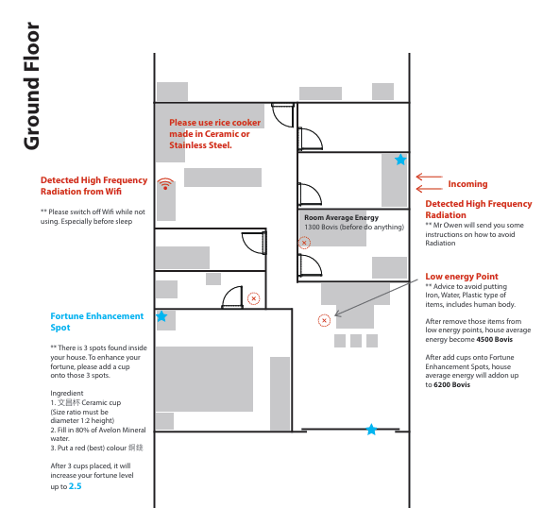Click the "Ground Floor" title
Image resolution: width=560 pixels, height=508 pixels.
pos(31,86)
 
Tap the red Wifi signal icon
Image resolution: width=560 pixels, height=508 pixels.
pos(165,183)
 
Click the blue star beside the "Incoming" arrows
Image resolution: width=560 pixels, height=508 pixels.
pos(400,160)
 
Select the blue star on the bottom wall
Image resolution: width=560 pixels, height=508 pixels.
pos(371,429)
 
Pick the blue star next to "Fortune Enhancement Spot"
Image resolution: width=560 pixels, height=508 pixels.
pos(161,316)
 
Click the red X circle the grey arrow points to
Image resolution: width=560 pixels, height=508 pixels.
pos(324,320)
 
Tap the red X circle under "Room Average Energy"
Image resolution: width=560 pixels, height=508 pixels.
pos(304,243)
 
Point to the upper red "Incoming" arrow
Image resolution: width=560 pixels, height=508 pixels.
pos(430,177)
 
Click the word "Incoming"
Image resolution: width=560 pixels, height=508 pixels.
pos(467,184)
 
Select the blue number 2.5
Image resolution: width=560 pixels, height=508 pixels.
pos(75,486)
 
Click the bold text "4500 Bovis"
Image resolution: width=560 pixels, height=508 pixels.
pos(495,340)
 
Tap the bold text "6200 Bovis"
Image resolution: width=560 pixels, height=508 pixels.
pos(452,385)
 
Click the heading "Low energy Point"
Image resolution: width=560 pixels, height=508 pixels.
pos(462,277)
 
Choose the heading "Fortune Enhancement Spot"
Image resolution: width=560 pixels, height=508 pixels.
pos(96,322)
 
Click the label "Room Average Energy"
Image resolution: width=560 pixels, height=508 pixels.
pos(342,217)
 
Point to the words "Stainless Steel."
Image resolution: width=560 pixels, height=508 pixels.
pos(200,145)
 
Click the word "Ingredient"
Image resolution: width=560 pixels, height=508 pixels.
pos(67,393)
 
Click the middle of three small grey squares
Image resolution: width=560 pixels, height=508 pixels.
pos(356,341)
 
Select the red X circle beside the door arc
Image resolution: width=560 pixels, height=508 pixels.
pos(254,298)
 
